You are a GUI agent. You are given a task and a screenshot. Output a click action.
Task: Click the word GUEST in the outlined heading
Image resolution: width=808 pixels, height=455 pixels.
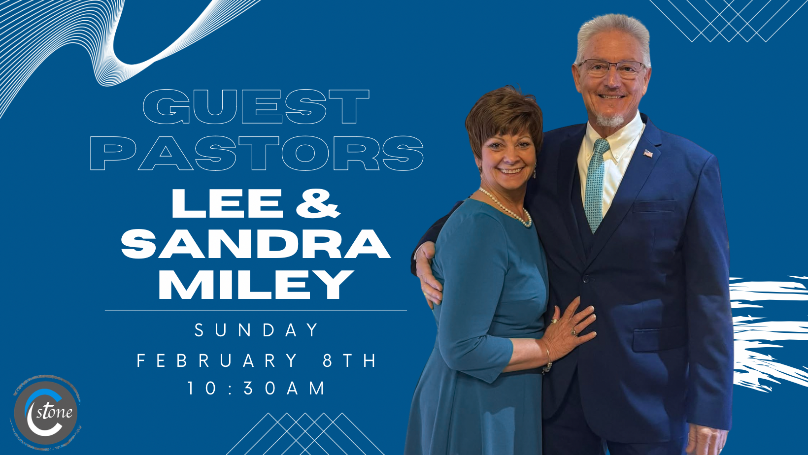(256, 107)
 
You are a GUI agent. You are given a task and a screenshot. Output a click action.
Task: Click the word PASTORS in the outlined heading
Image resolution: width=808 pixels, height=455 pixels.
(256, 153)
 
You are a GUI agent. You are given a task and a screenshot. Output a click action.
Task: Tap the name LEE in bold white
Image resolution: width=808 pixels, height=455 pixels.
(227, 203)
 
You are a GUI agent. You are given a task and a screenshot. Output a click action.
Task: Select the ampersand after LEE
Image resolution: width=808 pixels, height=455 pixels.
(318, 203)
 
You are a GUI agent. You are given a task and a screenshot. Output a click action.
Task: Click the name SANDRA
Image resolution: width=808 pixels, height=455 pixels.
(256, 244)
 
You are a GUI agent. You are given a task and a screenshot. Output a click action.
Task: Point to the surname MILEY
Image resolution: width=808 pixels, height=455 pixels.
(256, 285)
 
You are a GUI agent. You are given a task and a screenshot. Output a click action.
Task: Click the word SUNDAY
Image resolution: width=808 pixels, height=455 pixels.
(256, 330)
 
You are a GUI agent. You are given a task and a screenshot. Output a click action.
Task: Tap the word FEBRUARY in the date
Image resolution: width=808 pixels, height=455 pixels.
(217, 360)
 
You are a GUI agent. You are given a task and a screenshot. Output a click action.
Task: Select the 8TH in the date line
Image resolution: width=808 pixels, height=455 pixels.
(349, 360)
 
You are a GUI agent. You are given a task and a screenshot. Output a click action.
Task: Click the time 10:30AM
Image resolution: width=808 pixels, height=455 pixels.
(256, 389)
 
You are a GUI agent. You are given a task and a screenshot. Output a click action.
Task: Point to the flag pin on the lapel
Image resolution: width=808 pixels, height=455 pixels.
(648, 154)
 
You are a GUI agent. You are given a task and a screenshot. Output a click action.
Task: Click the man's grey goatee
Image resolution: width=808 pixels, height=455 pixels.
(609, 120)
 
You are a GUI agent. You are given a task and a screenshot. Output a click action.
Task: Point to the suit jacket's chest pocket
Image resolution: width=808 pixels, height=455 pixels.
(653, 206)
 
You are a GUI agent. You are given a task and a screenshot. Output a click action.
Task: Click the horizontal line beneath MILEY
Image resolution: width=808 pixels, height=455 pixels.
(256, 310)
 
